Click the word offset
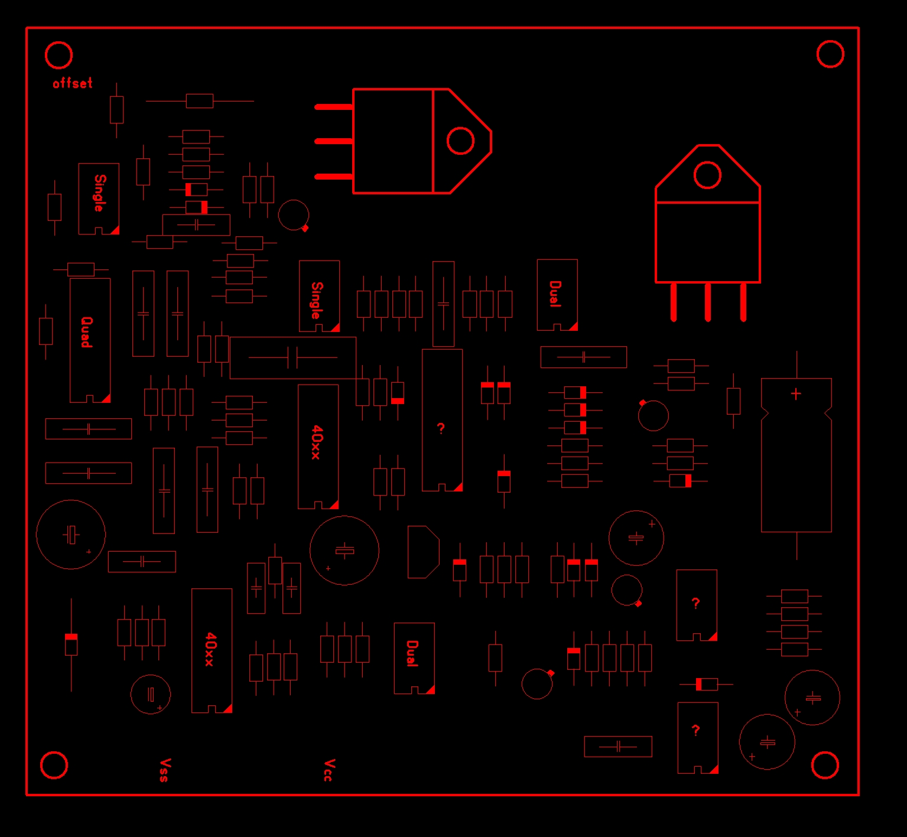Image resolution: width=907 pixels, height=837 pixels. point(73,83)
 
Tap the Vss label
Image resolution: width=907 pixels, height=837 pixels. point(165,770)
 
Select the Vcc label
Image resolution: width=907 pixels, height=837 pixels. point(329,770)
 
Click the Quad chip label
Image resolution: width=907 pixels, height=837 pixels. point(86,332)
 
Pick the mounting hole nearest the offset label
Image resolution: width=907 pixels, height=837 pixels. point(58,56)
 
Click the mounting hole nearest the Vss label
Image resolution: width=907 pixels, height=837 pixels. point(54,765)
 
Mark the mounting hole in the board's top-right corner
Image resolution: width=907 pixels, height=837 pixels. point(830,54)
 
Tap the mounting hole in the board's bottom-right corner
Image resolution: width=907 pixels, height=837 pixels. point(825,766)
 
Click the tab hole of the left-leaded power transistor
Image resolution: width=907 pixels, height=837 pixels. point(460,141)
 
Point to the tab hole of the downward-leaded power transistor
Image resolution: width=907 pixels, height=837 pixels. point(707,175)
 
